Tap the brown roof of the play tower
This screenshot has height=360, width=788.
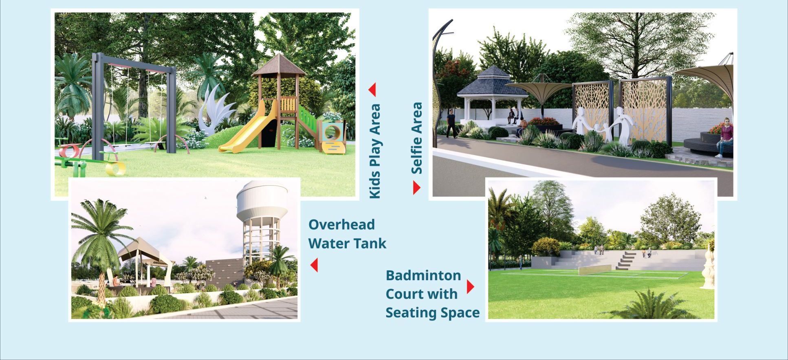(279, 66)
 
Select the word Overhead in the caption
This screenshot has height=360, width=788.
(341, 224)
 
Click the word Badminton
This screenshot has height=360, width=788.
(423, 275)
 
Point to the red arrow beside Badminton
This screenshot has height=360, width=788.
(471, 287)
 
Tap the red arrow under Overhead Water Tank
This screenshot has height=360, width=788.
(314, 265)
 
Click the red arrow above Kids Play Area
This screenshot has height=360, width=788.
(372, 90)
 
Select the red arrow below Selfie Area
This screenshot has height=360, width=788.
(416, 188)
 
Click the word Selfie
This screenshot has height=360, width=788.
(417, 157)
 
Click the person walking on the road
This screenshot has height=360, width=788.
(450, 124)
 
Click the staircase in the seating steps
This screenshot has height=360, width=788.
(625, 261)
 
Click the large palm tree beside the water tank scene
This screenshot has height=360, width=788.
(100, 240)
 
